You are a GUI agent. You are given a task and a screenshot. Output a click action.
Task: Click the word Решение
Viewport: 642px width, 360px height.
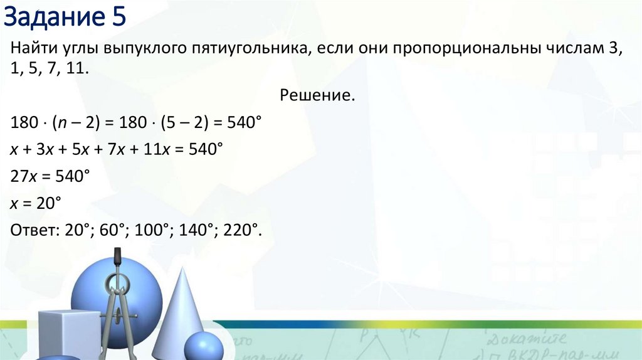tap(317, 95)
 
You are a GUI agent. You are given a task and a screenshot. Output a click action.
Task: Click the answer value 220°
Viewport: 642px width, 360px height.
tap(238, 230)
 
